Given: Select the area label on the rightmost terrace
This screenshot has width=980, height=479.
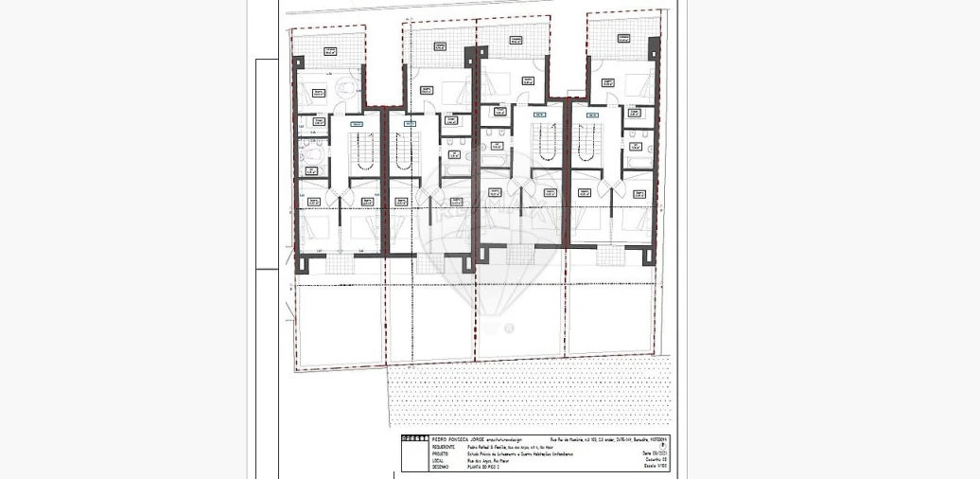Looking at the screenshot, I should pyautogui.click(x=624, y=39).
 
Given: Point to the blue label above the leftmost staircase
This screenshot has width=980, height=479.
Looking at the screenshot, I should pyautogui.click(x=357, y=124).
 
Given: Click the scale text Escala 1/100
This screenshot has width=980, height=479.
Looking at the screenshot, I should pyautogui.click(x=656, y=467).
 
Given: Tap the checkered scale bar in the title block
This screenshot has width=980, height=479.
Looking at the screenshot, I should pyautogui.click(x=413, y=438).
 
